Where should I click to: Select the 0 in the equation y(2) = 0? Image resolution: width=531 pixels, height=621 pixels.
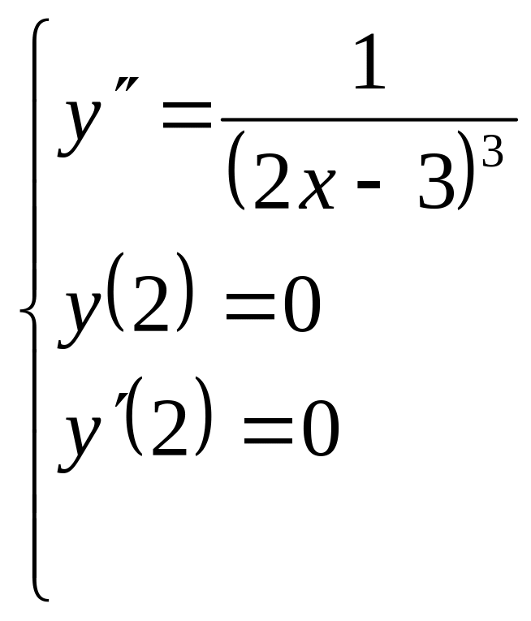pos(301,308)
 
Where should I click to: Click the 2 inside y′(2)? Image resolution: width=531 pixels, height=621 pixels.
pos(170,425)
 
